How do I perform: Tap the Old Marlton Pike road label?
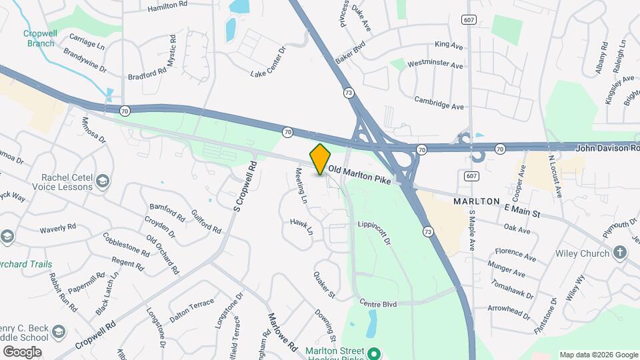click(x=359, y=175)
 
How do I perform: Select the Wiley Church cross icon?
click(x=620, y=253)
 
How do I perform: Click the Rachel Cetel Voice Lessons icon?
click(x=102, y=181)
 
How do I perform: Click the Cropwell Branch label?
click(x=41, y=38)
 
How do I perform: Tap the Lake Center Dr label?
click(x=268, y=61)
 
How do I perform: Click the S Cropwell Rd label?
click(x=244, y=187)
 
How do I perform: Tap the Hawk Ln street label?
click(x=301, y=227)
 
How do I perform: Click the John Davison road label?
click(x=607, y=147)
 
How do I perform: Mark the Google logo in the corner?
click(x=22, y=351)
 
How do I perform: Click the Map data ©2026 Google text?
click(x=598, y=355)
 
